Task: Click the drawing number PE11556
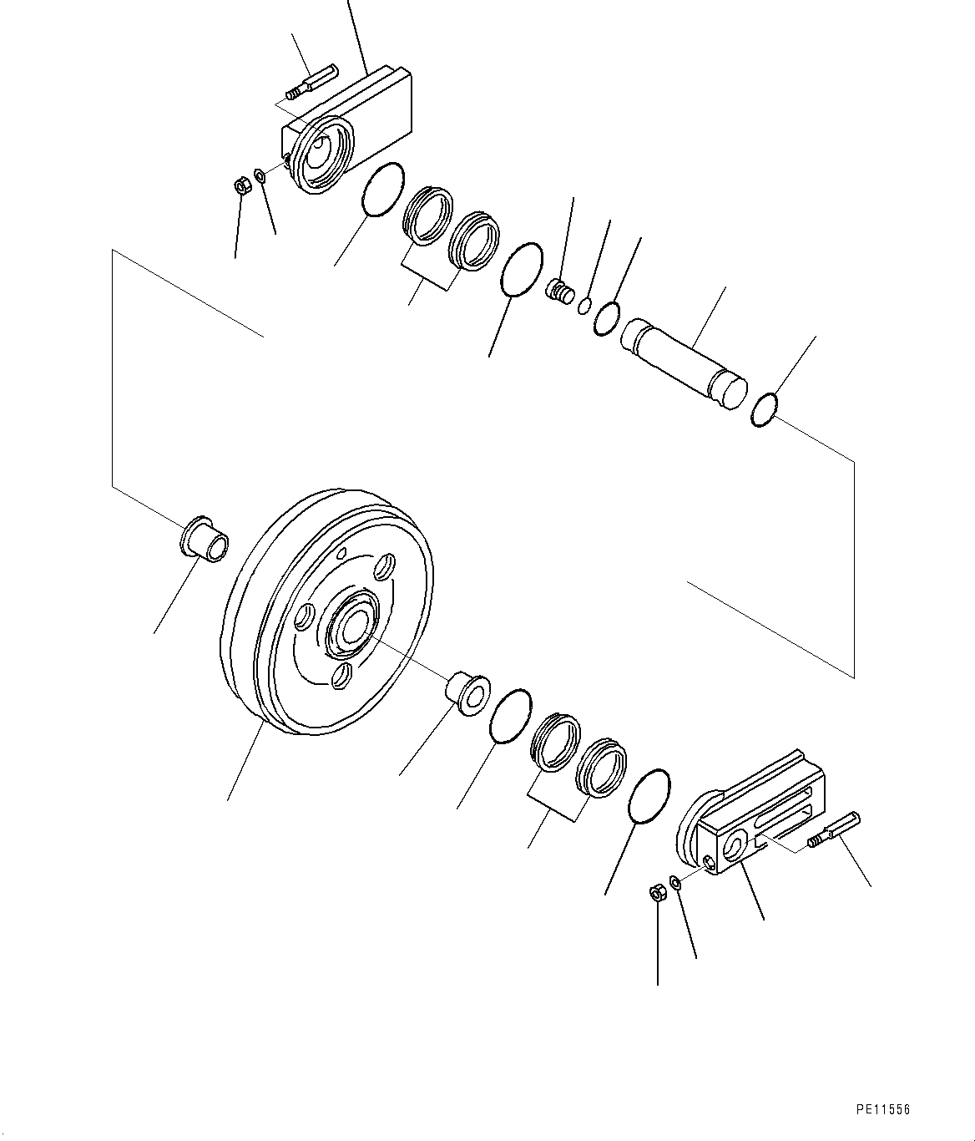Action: [x=883, y=1110]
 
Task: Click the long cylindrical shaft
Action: [x=680, y=363]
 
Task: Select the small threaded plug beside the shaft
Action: [x=559, y=292]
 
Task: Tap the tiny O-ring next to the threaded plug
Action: [x=585, y=305]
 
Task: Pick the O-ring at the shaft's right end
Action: [x=765, y=410]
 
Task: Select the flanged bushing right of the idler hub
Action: [x=467, y=691]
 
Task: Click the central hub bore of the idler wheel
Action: [x=355, y=626]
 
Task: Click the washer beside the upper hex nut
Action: [x=260, y=175]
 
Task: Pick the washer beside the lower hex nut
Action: [x=675, y=882]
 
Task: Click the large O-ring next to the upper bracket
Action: [x=383, y=190]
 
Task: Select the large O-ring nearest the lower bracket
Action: [x=648, y=796]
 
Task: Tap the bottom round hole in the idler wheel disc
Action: [x=341, y=676]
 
